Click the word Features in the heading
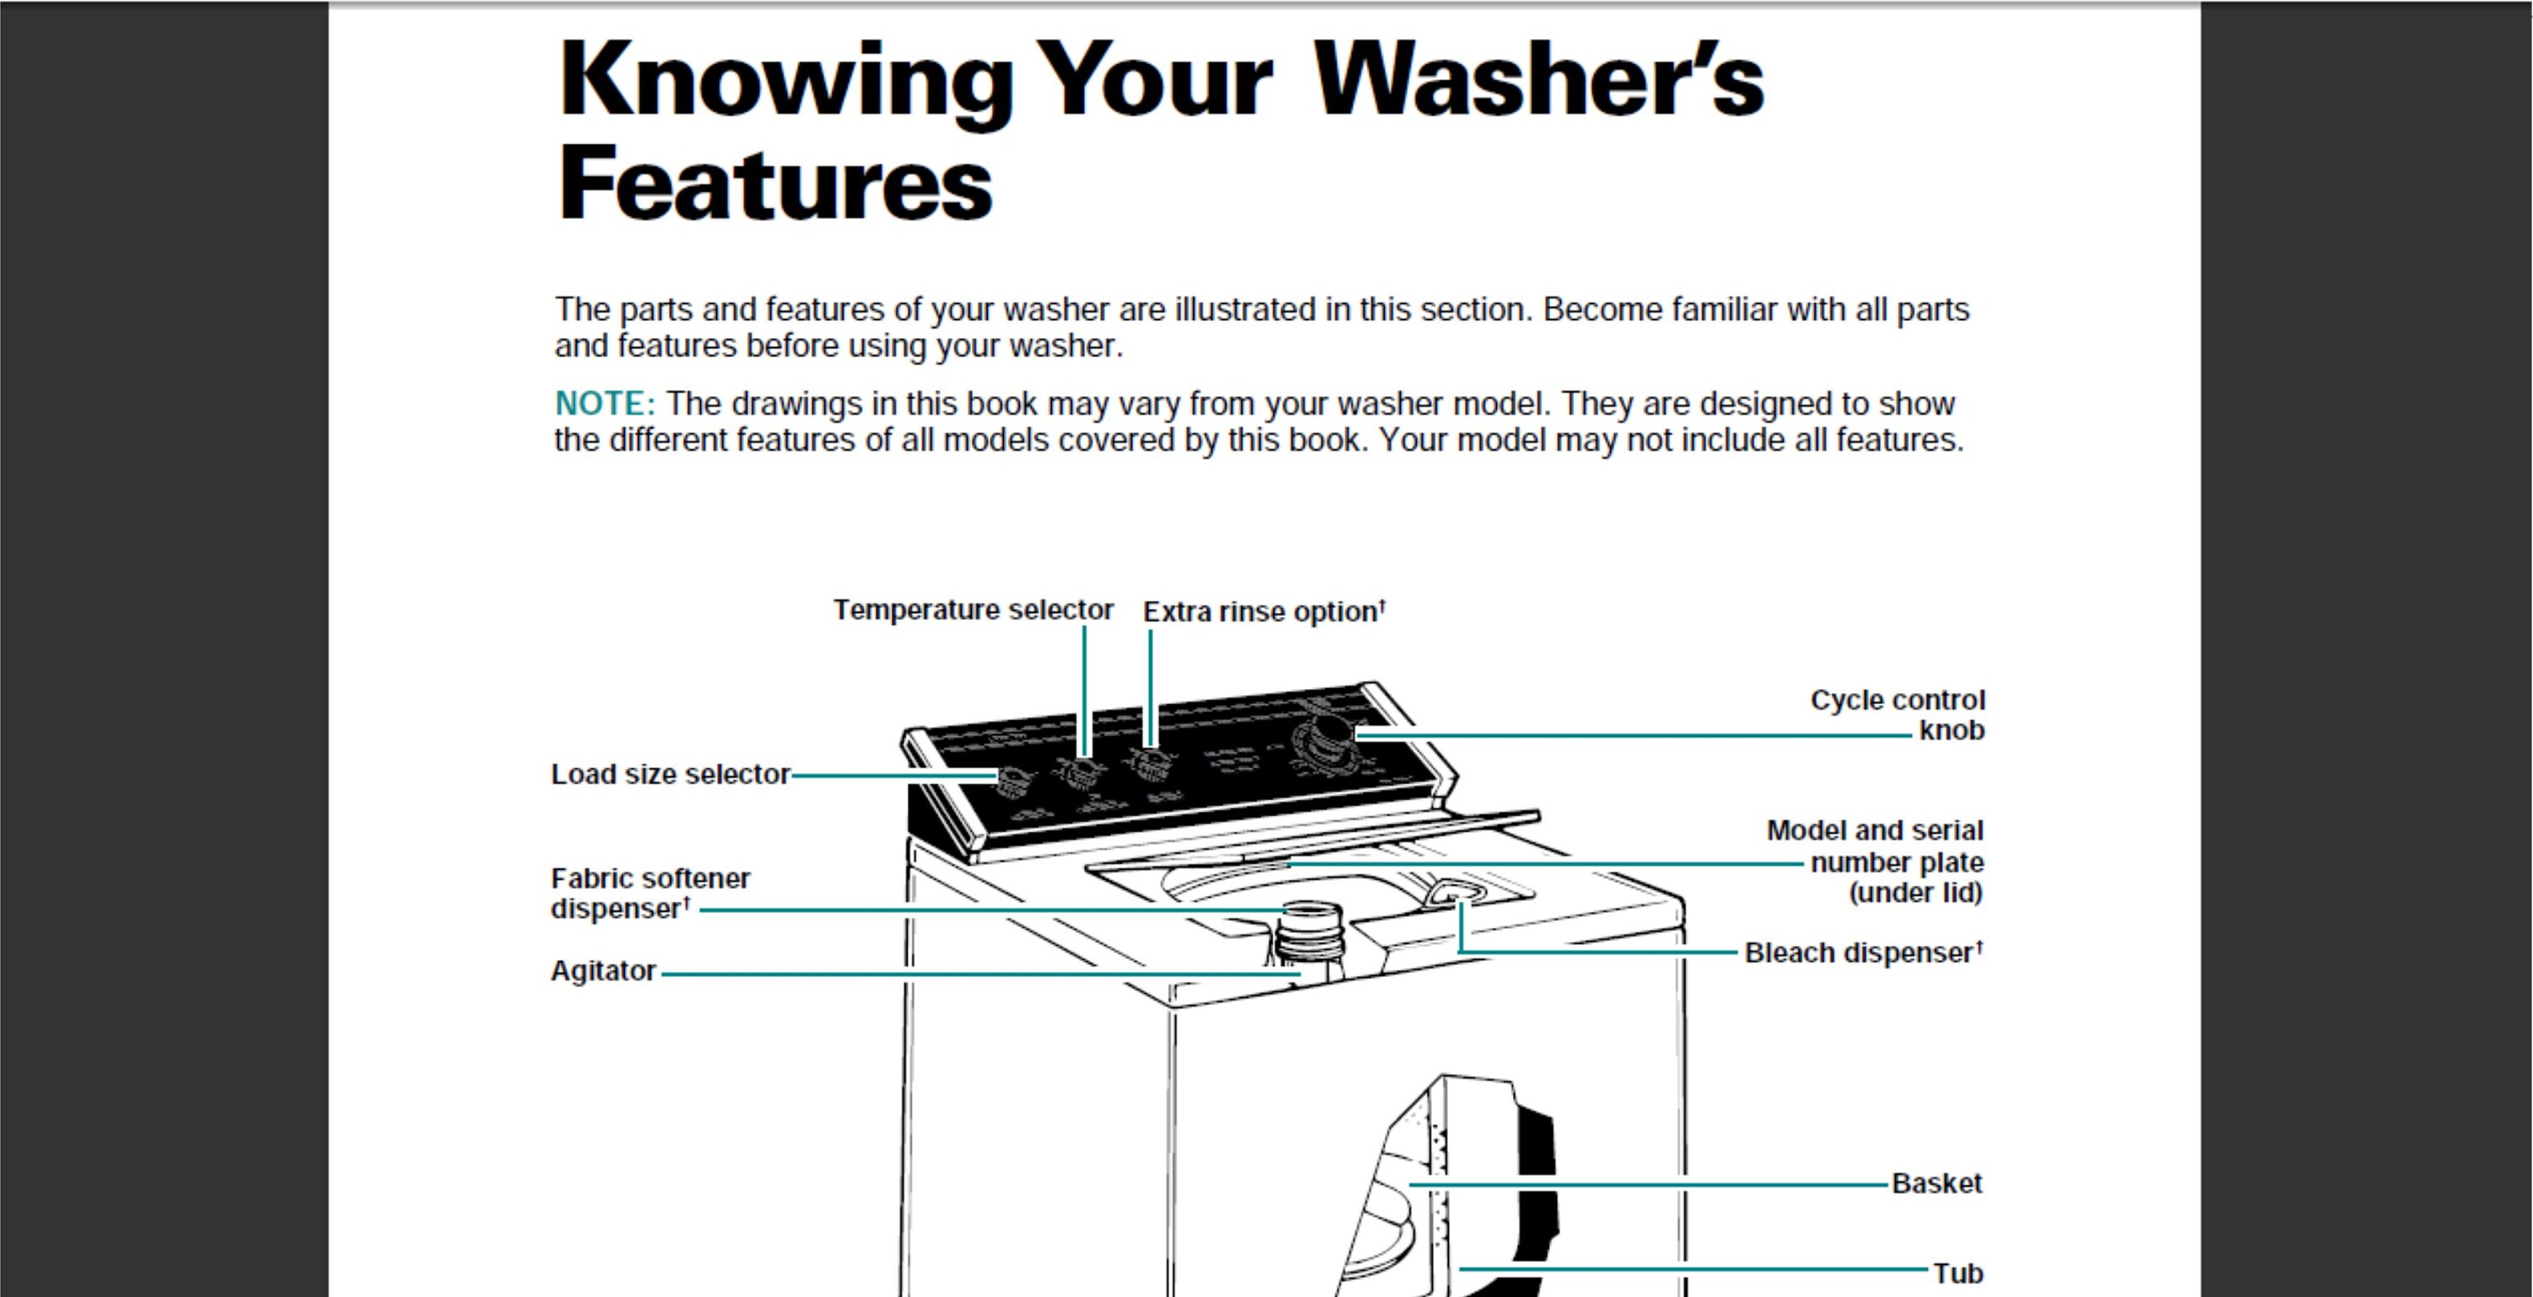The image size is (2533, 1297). pyautogui.click(x=775, y=184)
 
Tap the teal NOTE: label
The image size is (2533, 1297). pyautogui.click(x=604, y=403)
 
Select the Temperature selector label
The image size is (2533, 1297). pyautogui.click(x=973, y=610)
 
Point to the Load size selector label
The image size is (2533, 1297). pyautogui.click(x=670, y=775)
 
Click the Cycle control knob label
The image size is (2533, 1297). pyautogui.click(x=1898, y=715)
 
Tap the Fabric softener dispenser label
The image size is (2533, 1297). pyautogui.click(x=649, y=893)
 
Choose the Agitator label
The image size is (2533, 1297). pyautogui.click(x=603, y=970)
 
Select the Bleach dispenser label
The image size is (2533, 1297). pyautogui.click(x=1863, y=952)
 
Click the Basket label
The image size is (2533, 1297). pyautogui.click(x=1936, y=1183)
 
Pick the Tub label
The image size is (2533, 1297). pyautogui.click(x=1958, y=1273)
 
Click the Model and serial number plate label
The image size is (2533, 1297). pyautogui.click(x=1876, y=861)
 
